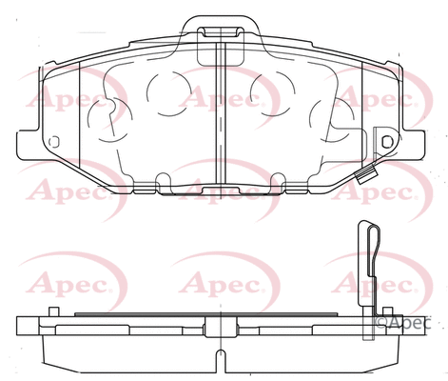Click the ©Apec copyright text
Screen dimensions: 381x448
coord(407,323)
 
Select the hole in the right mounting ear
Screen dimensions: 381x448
coord(386,141)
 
